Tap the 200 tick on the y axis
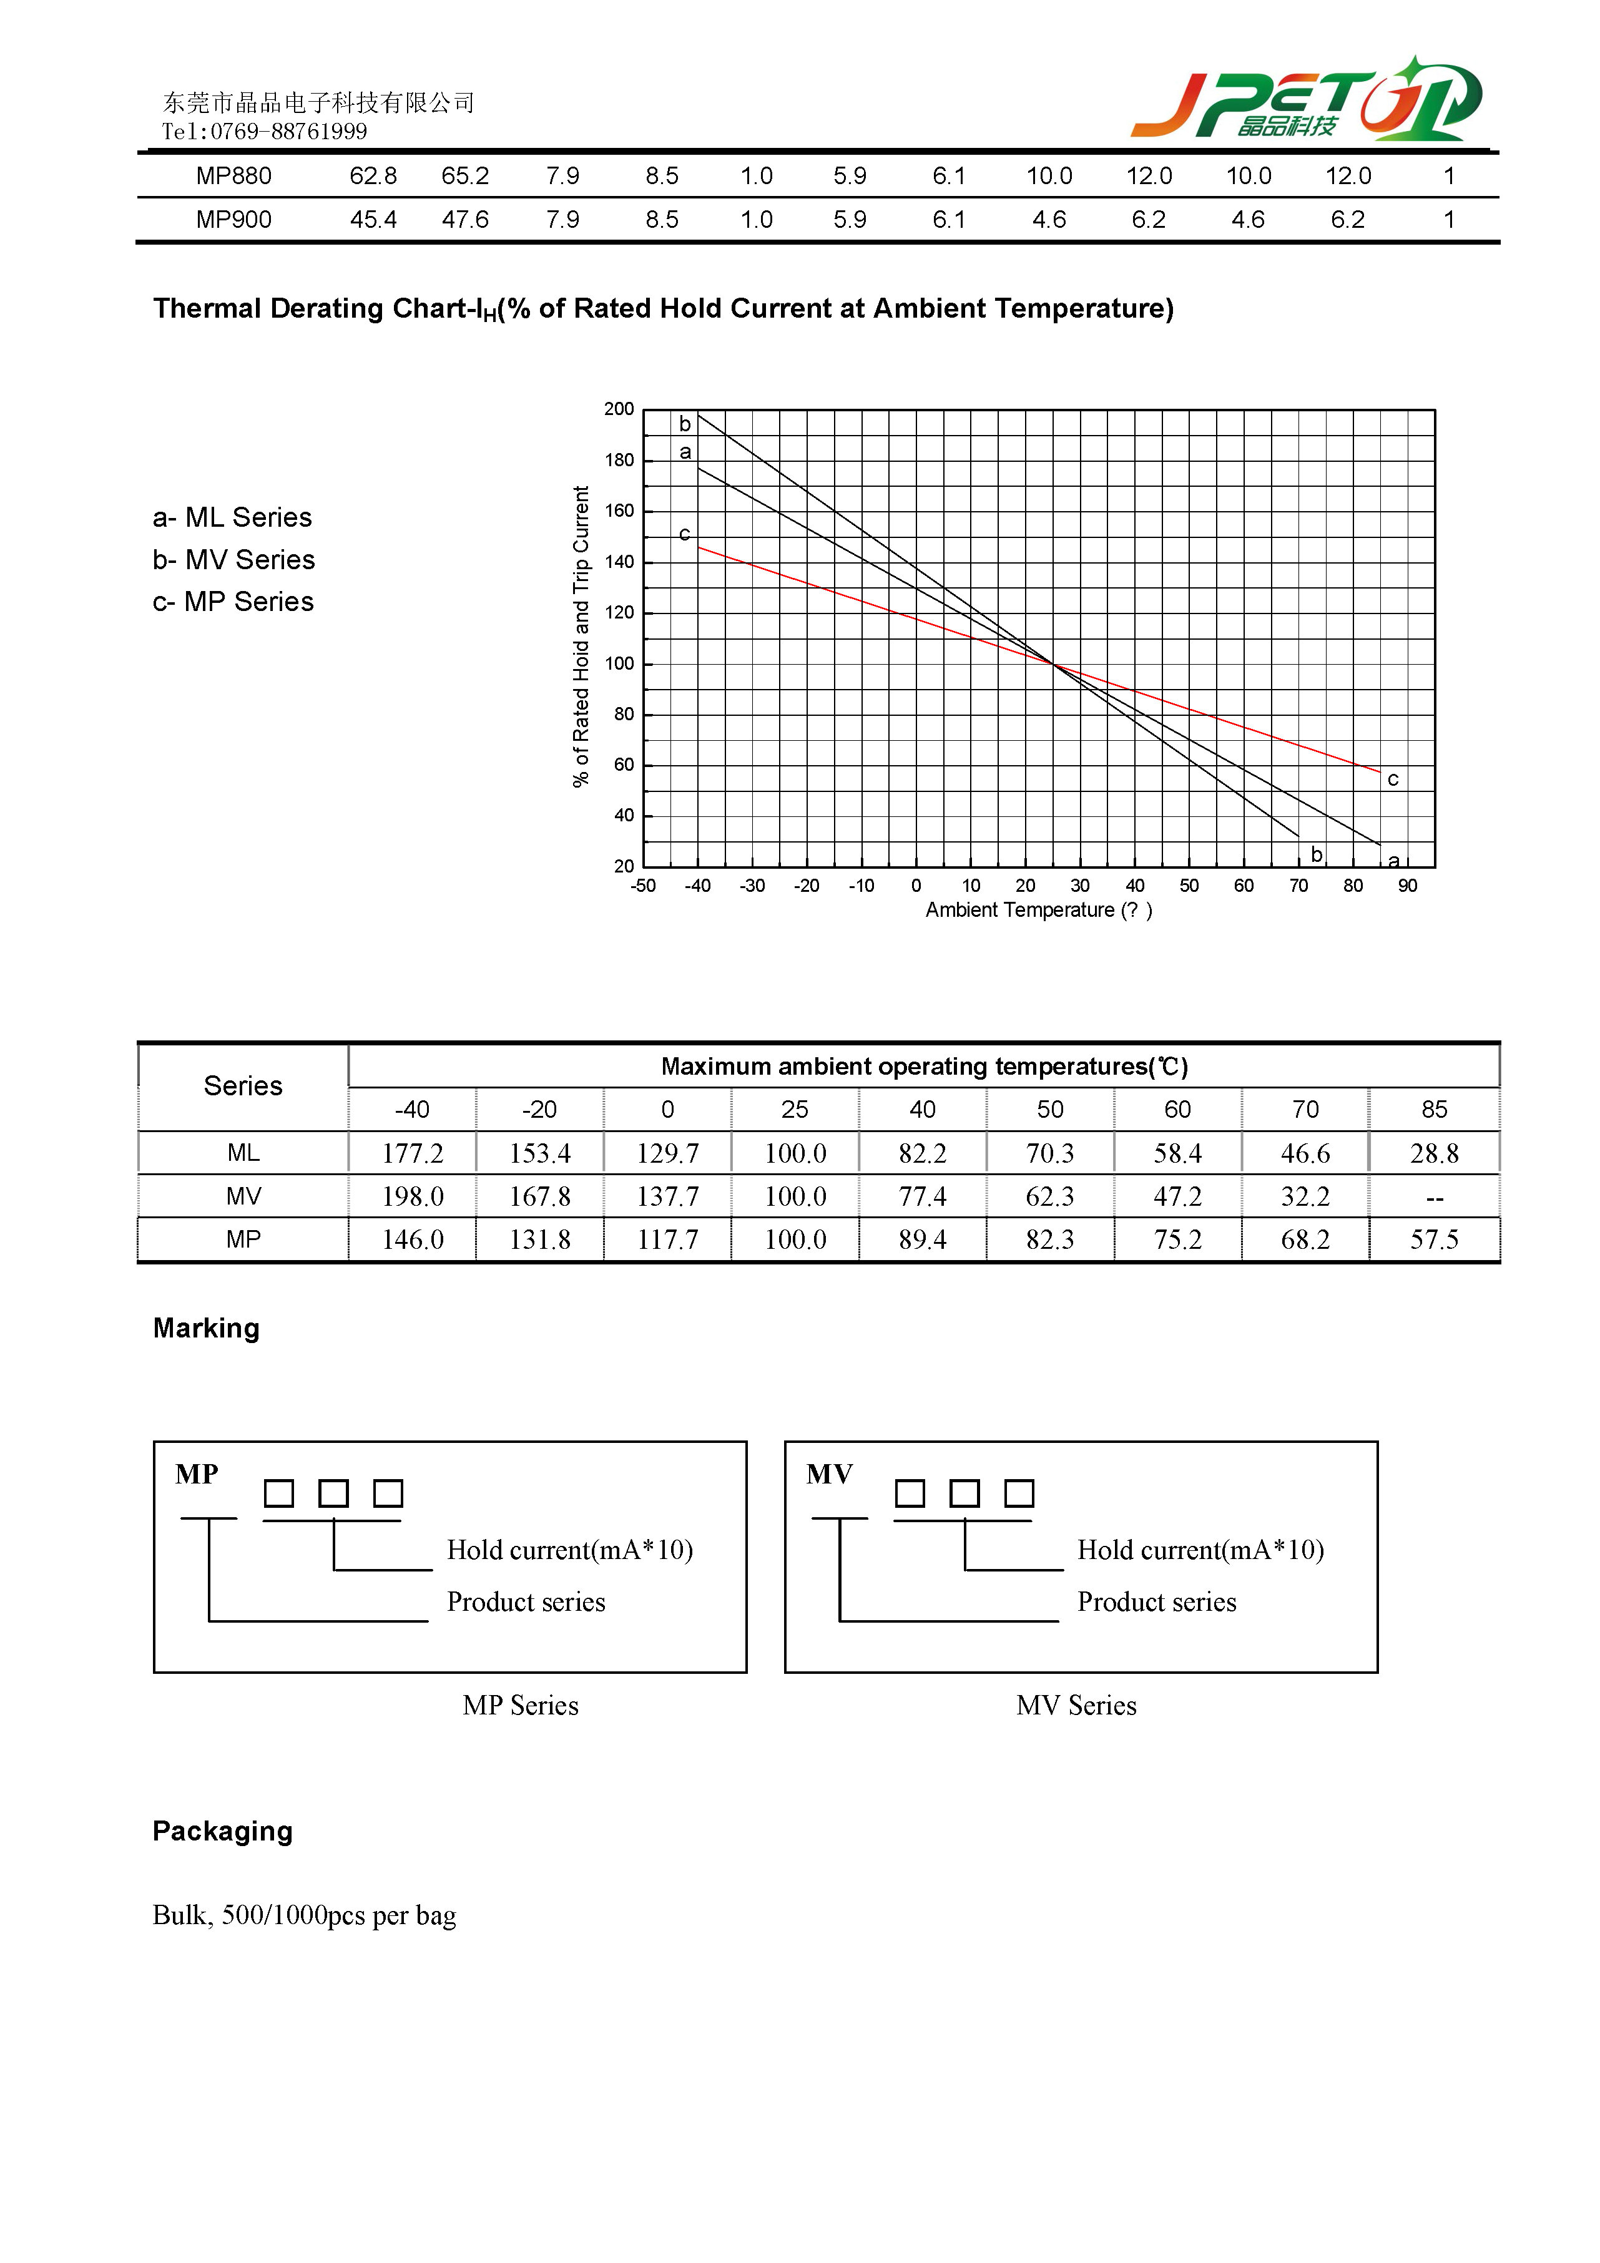pos(619,409)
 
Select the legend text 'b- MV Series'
pos(233,560)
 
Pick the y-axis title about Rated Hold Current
pos(581,637)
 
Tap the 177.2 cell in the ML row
pos(412,1153)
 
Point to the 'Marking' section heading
pos(206,1329)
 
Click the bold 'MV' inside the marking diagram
pos(829,1475)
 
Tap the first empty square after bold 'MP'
pos(279,1493)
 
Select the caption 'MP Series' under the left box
pos(521,1706)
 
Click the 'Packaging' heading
pos(223,1831)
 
